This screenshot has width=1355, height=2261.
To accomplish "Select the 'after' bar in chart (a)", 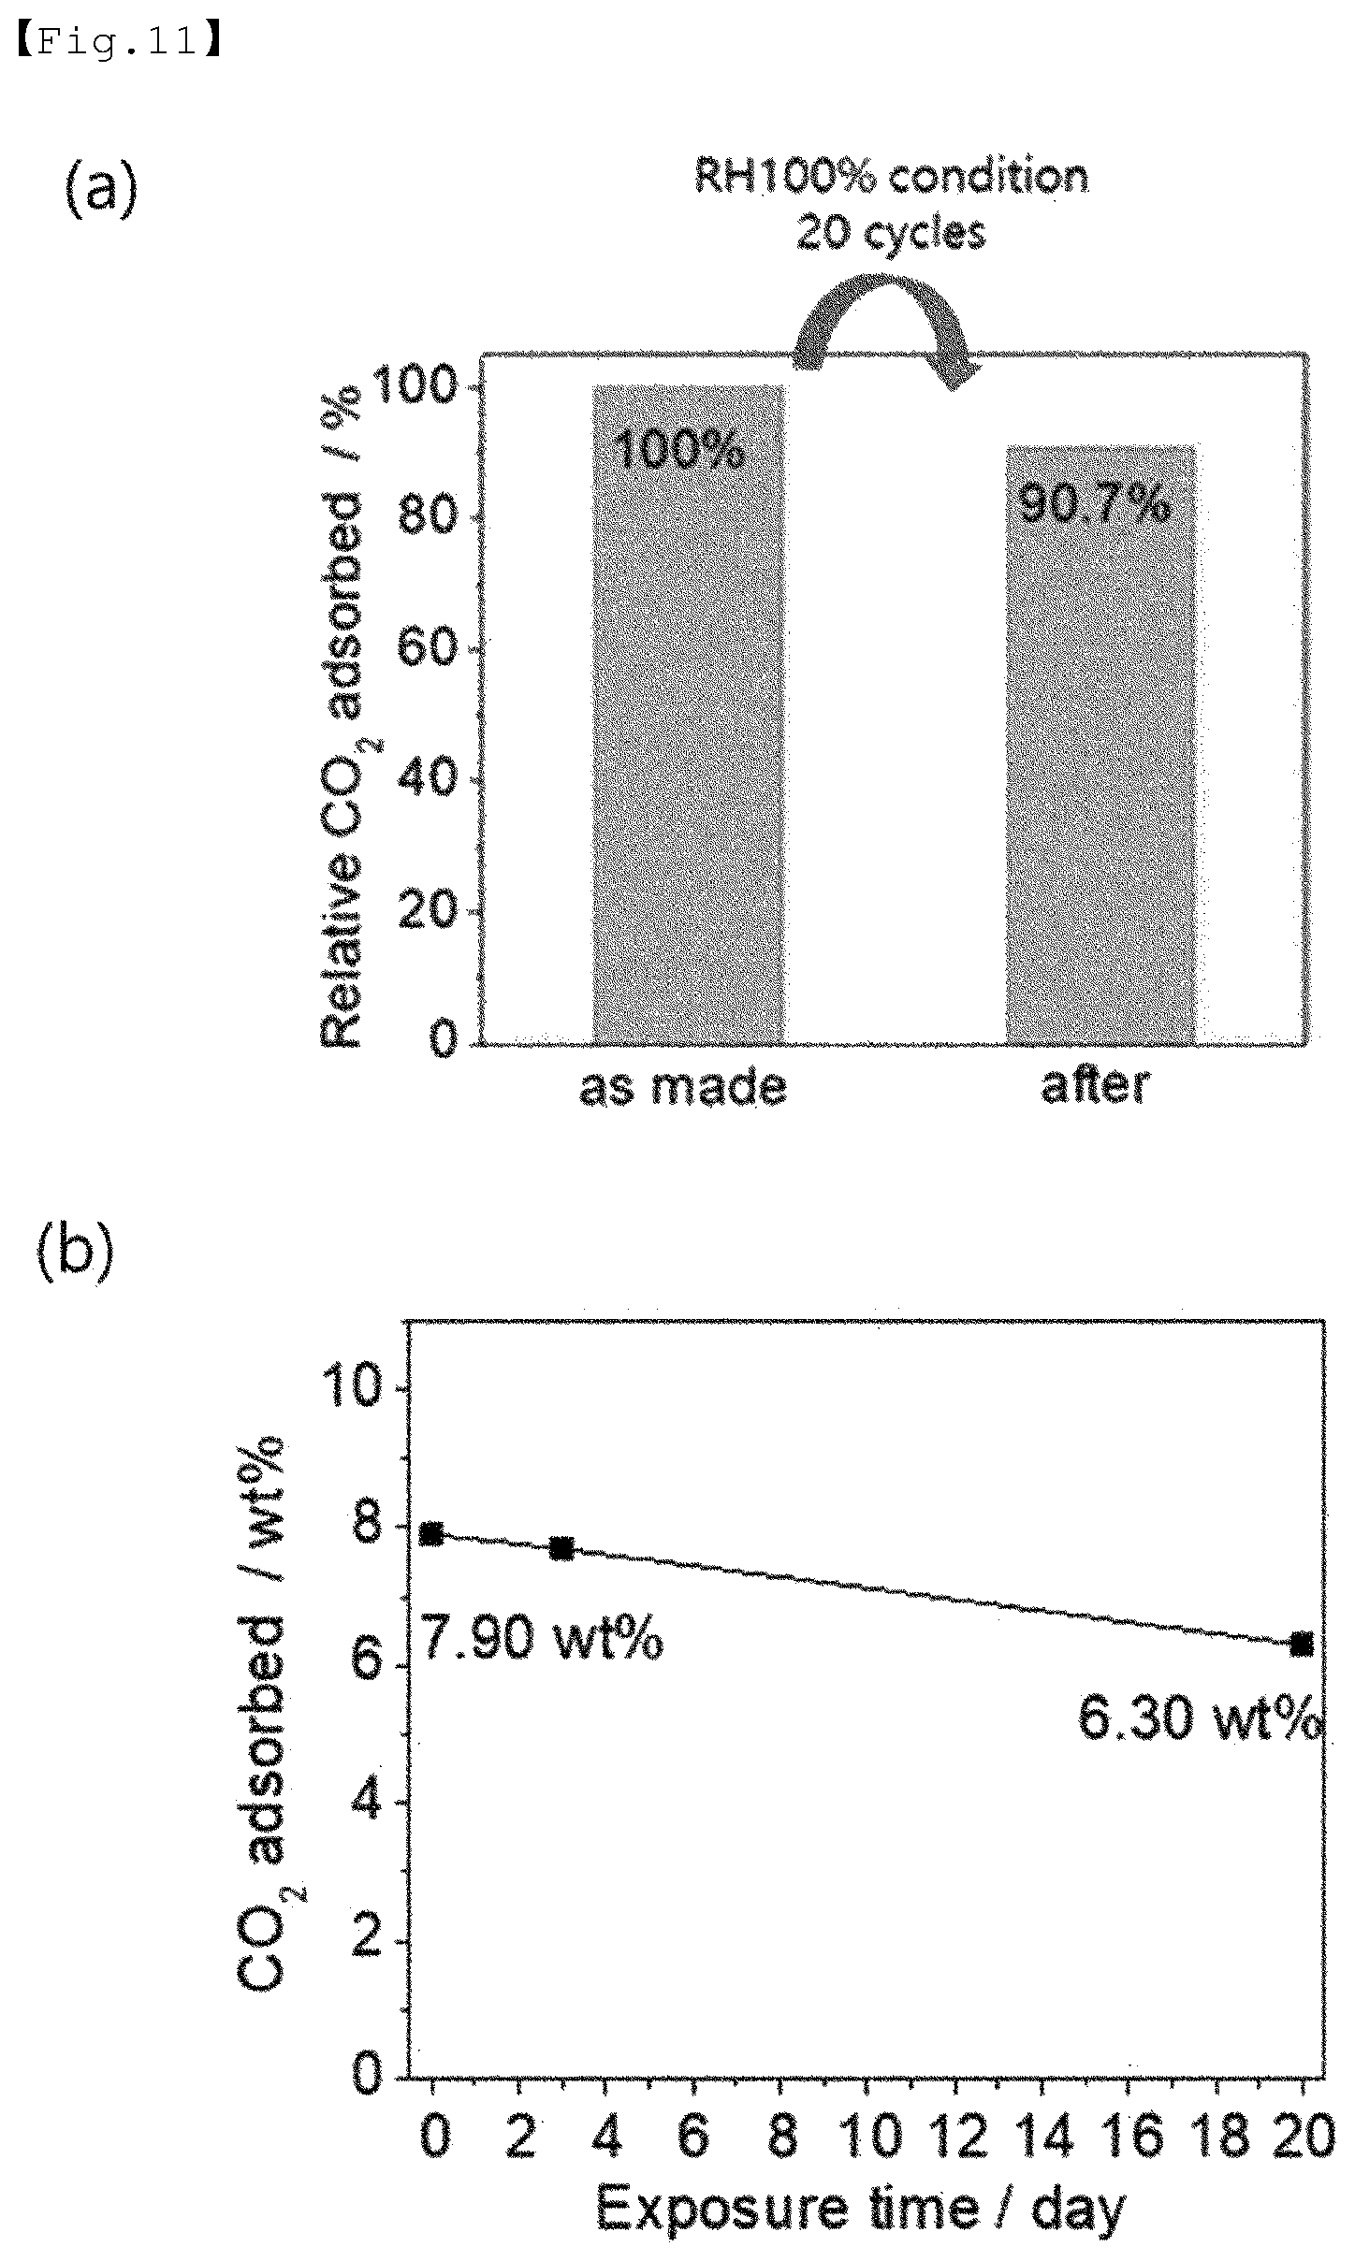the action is point(1100,744).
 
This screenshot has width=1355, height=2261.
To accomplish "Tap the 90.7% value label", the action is point(1094,505).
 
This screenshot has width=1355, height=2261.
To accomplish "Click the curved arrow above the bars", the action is point(884,327).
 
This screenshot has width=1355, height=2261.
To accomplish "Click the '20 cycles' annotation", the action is point(891,233).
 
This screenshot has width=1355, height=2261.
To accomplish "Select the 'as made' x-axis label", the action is point(683,1088).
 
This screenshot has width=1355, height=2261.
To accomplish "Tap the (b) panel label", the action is point(76,1252).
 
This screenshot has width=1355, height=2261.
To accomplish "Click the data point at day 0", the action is point(431,1533).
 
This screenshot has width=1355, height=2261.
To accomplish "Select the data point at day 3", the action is point(561,1548).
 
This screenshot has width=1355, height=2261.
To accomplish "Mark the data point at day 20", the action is point(1302,1644).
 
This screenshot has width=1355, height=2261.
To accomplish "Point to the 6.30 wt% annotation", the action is point(1202,1717).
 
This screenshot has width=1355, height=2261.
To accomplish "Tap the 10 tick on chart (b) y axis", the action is point(353,1389).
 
